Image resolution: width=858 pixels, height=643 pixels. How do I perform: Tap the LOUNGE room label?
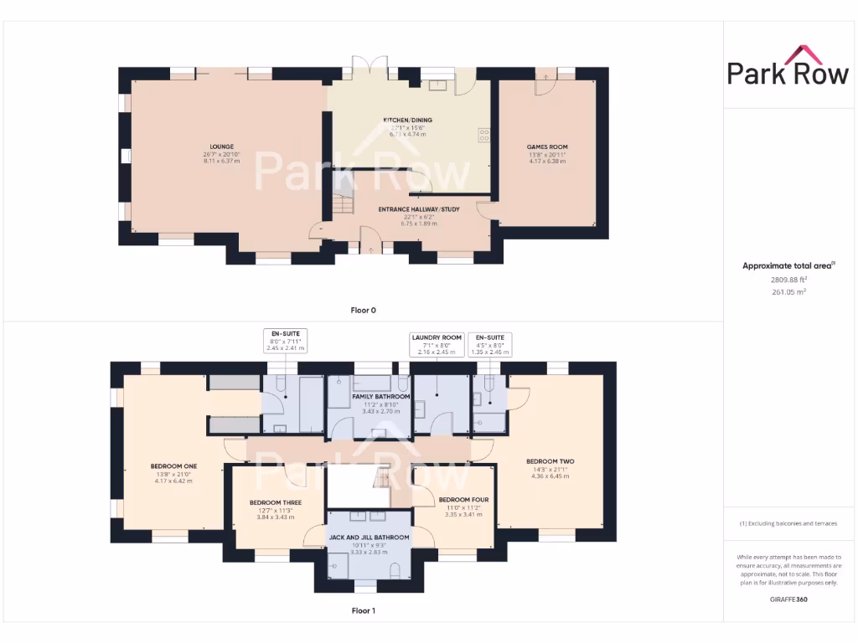click(x=221, y=146)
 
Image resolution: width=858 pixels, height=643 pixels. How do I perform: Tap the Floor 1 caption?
click(x=363, y=610)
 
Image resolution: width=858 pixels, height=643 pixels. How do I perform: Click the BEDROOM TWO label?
click(x=550, y=461)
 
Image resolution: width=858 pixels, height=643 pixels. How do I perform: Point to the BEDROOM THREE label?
click(x=275, y=503)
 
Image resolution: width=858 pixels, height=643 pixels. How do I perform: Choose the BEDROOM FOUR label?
click(x=463, y=500)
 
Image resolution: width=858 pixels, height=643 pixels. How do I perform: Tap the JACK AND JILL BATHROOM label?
click(x=369, y=538)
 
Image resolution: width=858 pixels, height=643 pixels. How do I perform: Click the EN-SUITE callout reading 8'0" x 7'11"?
click(x=286, y=341)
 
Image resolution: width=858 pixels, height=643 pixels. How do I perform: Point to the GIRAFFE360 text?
click(x=788, y=599)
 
